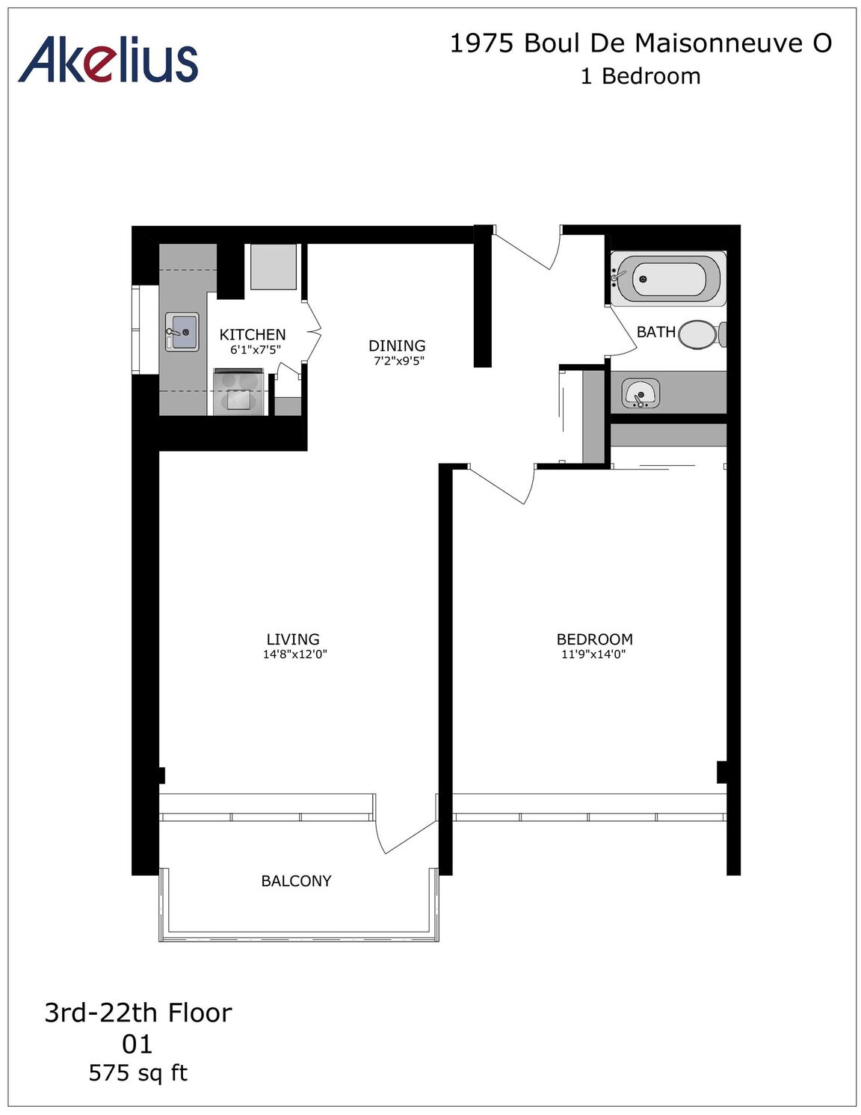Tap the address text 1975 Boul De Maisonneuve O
point(641,43)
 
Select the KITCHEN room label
point(253,334)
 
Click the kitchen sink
point(182,331)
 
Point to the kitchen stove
point(239,391)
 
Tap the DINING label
point(397,345)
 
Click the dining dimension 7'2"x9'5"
point(398,361)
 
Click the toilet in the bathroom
point(703,334)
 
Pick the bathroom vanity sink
point(641,394)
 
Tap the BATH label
point(656,332)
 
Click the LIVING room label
point(293,639)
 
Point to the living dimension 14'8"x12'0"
point(295,654)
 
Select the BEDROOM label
point(594,639)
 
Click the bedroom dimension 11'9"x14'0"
point(594,654)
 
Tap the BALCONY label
point(296,881)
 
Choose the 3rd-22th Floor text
point(138,1013)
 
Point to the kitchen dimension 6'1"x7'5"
point(256,350)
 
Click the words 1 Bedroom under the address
point(641,76)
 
